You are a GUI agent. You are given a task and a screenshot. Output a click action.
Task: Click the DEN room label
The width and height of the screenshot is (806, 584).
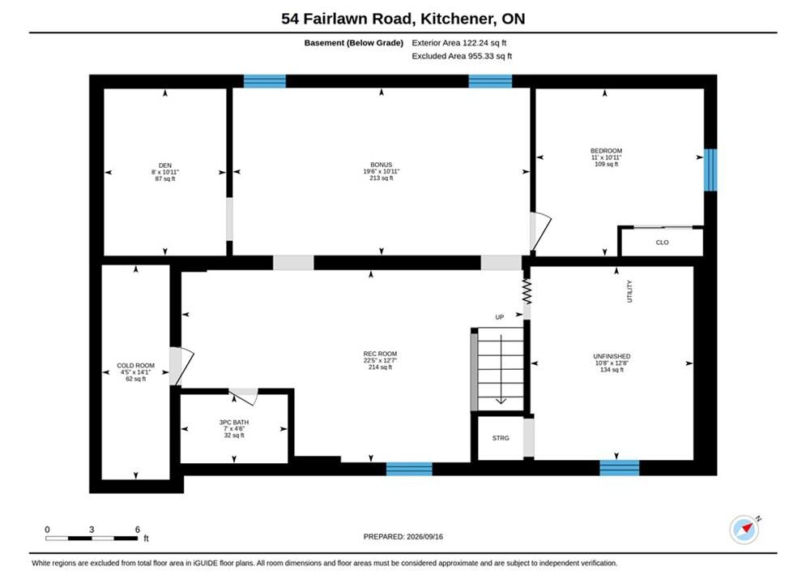tap(165, 165)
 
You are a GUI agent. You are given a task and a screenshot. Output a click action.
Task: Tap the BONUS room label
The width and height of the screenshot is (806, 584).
tap(382, 165)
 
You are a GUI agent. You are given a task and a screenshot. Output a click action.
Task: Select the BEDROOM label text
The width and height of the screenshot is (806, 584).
tap(606, 151)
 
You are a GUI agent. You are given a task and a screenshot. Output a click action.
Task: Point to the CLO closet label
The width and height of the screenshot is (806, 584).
tap(662, 243)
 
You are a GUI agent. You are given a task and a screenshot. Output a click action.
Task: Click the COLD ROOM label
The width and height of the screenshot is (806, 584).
tap(136, 365)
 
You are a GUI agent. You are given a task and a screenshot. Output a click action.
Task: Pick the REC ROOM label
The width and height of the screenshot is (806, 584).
tap(380, 354)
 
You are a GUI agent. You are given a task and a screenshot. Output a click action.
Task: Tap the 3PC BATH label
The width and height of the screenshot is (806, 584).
tap(234, 422)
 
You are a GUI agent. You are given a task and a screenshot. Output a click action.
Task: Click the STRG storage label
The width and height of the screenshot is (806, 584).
tap(501, 438)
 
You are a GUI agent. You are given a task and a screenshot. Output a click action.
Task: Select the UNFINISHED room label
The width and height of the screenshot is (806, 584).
tap(612, 356)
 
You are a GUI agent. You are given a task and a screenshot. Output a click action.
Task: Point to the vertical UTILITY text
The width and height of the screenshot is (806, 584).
tap(629, 291)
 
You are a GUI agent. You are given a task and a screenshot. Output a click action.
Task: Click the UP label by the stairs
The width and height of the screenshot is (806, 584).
tap(500, 317)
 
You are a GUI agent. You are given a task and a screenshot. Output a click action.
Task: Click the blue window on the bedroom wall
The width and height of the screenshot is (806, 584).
tap(710, 170)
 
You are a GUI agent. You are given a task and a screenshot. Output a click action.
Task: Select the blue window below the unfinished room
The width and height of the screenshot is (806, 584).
tap(620, 468)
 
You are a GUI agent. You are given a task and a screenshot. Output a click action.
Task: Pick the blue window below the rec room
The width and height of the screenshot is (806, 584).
tap(409, 469)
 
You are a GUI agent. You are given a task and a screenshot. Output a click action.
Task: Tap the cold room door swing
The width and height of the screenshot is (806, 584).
tap(181, 365)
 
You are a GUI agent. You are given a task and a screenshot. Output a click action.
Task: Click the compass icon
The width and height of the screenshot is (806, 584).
tap(744, 529)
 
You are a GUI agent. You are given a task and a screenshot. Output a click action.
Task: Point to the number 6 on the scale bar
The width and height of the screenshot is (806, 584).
tap(137, 529)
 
